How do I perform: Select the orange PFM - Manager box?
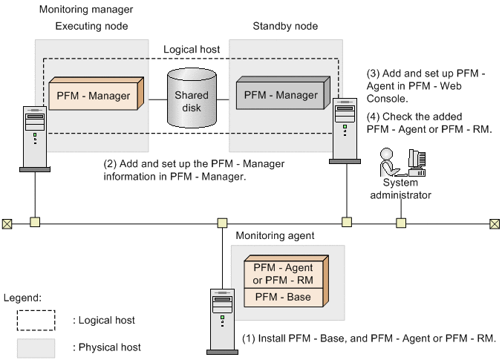click(94, 96)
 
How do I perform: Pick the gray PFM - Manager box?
click(281, 96)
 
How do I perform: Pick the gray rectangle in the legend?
click(36, 347)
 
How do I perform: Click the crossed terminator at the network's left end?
click(7, 222)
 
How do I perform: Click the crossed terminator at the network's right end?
click(495, 222)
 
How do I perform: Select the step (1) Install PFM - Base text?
click(369, 338)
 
